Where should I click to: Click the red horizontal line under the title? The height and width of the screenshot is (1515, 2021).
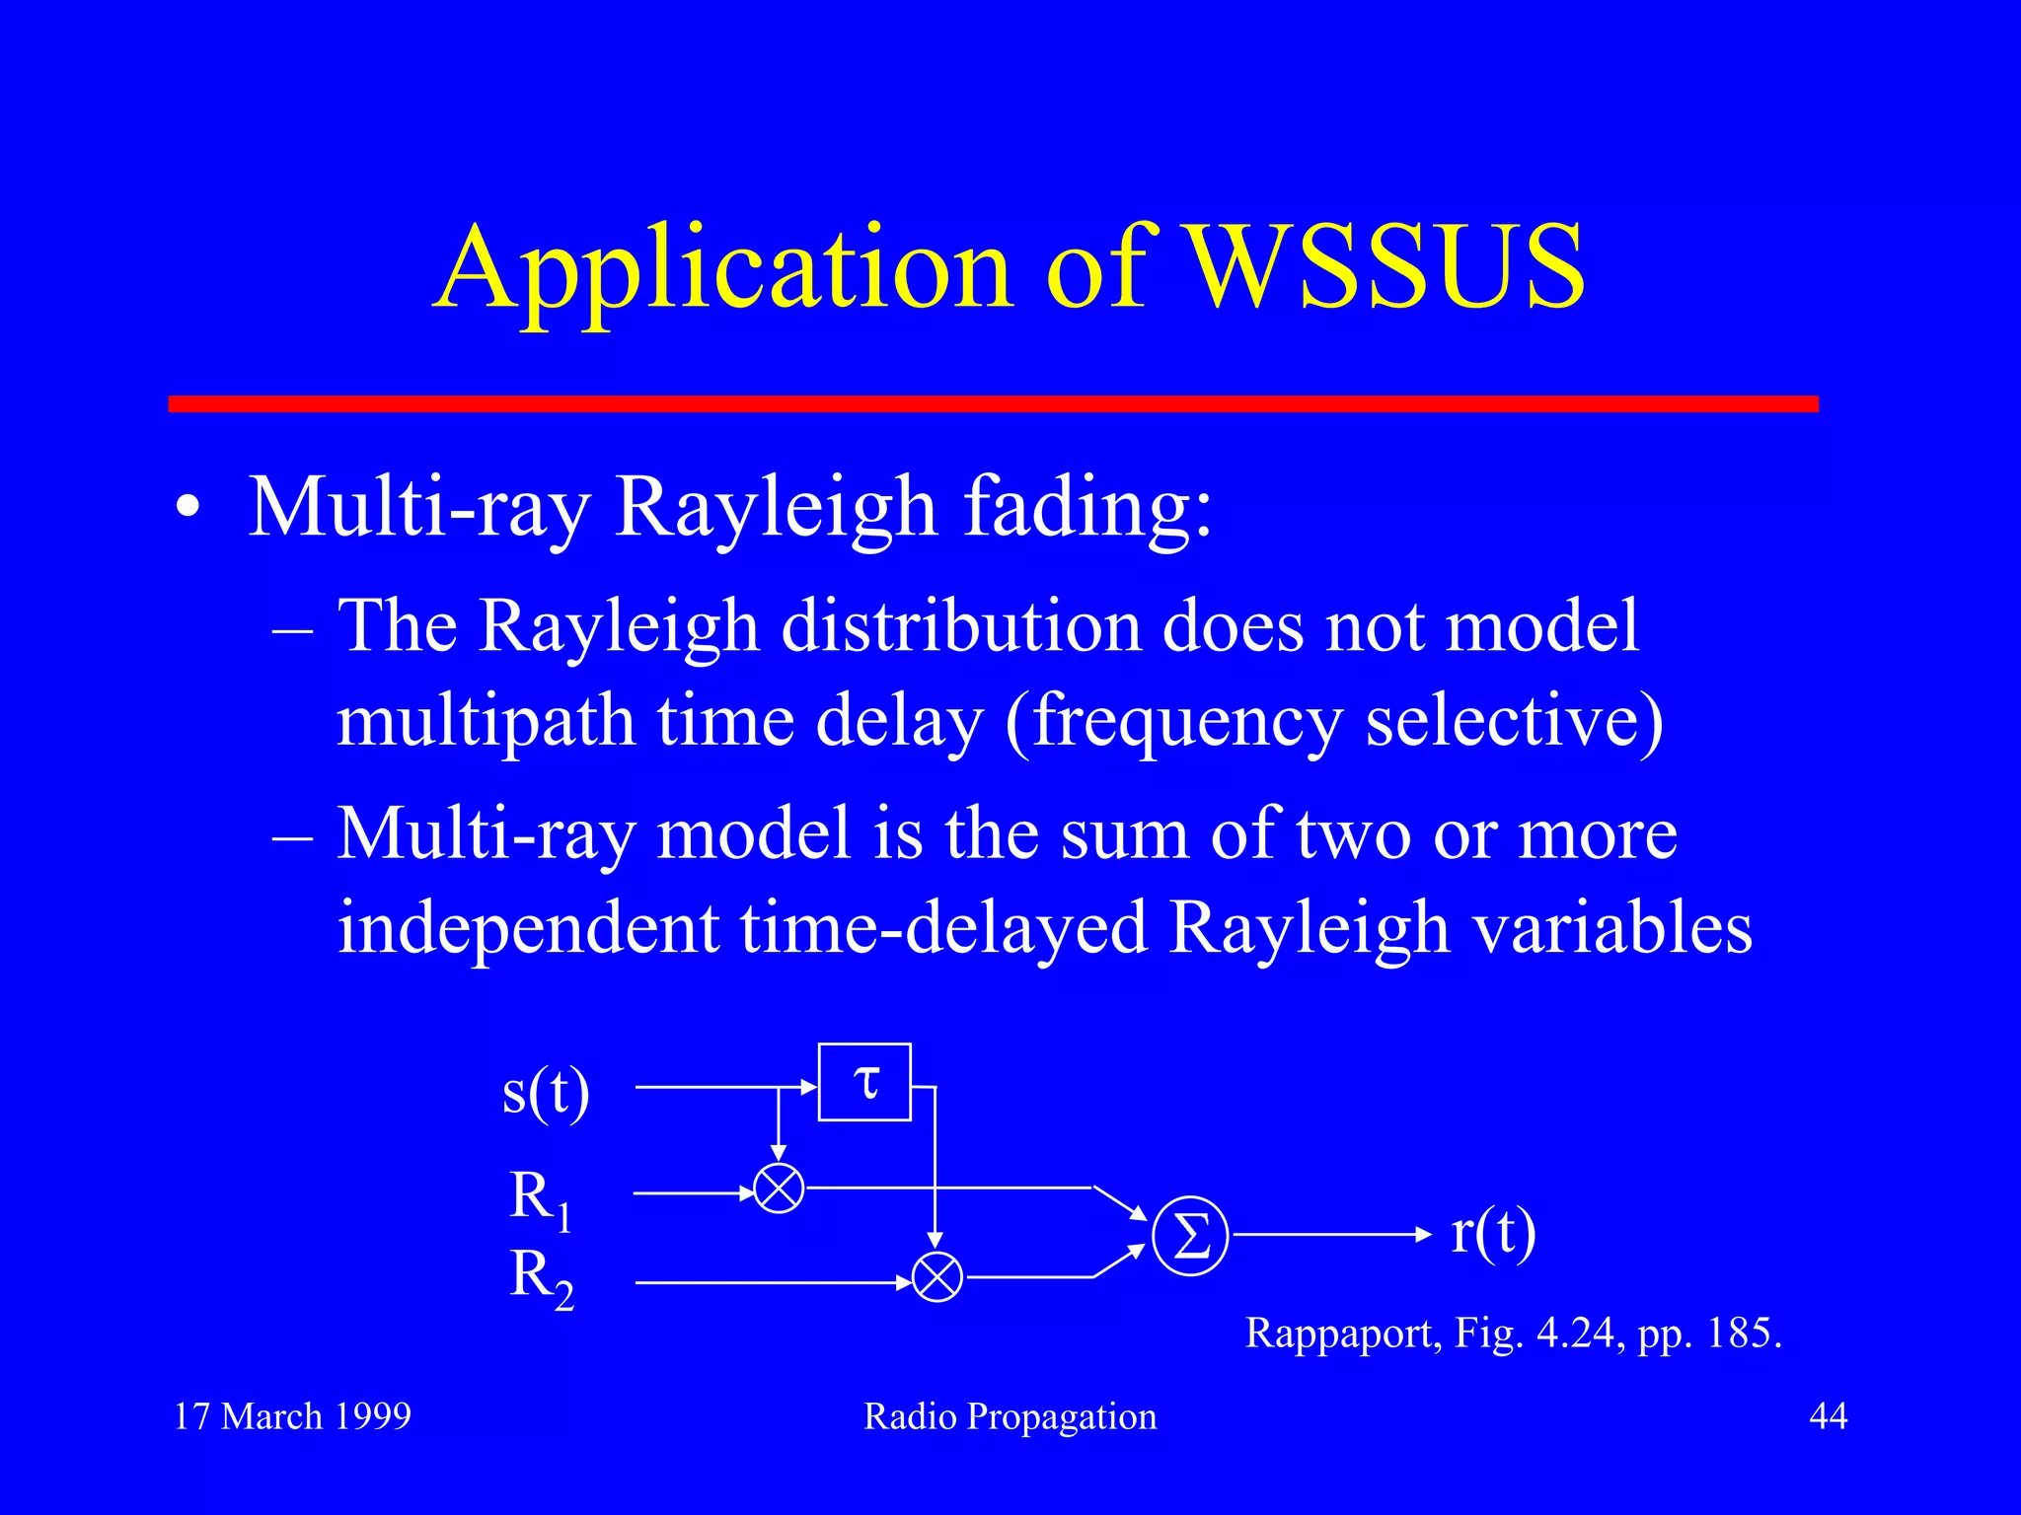point(993,403)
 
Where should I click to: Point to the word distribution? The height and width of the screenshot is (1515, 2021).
point(961,627)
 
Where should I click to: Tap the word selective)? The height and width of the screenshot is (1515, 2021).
point(1515,721)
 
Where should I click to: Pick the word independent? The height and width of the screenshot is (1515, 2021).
point(527,928)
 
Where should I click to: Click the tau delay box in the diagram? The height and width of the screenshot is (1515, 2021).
point(864,1083)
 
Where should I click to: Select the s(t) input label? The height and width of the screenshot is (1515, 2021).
point(546,1092)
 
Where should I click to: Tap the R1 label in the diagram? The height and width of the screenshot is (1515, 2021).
point(540,1198)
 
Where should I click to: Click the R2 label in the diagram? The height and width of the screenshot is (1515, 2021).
point(541,1278)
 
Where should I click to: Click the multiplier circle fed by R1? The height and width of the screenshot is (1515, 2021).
point(779,1189)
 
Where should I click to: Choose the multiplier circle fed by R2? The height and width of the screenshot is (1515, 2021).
point(936,1278)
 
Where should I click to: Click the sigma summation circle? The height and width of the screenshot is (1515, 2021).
point(1190,1236)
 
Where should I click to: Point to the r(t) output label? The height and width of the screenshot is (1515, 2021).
point(1493,1233)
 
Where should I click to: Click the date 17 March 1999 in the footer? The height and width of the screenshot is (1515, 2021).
point(292,1416)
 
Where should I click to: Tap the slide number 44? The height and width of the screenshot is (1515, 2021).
point(1828,1416)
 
